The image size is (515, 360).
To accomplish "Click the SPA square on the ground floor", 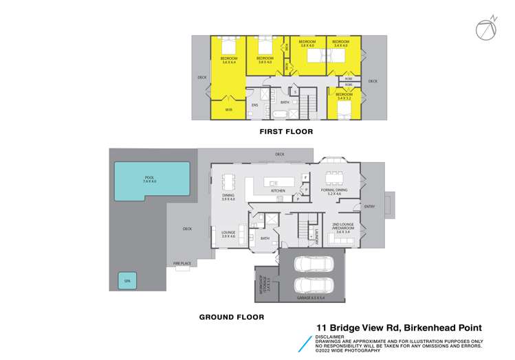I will click(x=127, y=280).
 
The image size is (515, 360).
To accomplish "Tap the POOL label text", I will click(x=150, y=179).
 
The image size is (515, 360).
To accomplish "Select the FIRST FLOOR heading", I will click(x=285, y=131).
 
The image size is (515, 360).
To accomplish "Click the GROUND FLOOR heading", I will click(x=231, y=317).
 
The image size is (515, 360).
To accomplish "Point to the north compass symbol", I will click(x=485, y=29).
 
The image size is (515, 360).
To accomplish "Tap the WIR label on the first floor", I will click(x=229, y=109).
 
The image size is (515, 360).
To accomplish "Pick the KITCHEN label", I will click(x=277, y=191).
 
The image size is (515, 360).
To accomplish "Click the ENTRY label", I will click(x=369, y=205).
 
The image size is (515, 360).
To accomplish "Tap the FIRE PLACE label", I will click(x=182, y=262).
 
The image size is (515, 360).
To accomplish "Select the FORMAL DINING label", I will click(x=334, y=190).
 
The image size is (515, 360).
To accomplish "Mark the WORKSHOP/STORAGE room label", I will click(x=264, y=282).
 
